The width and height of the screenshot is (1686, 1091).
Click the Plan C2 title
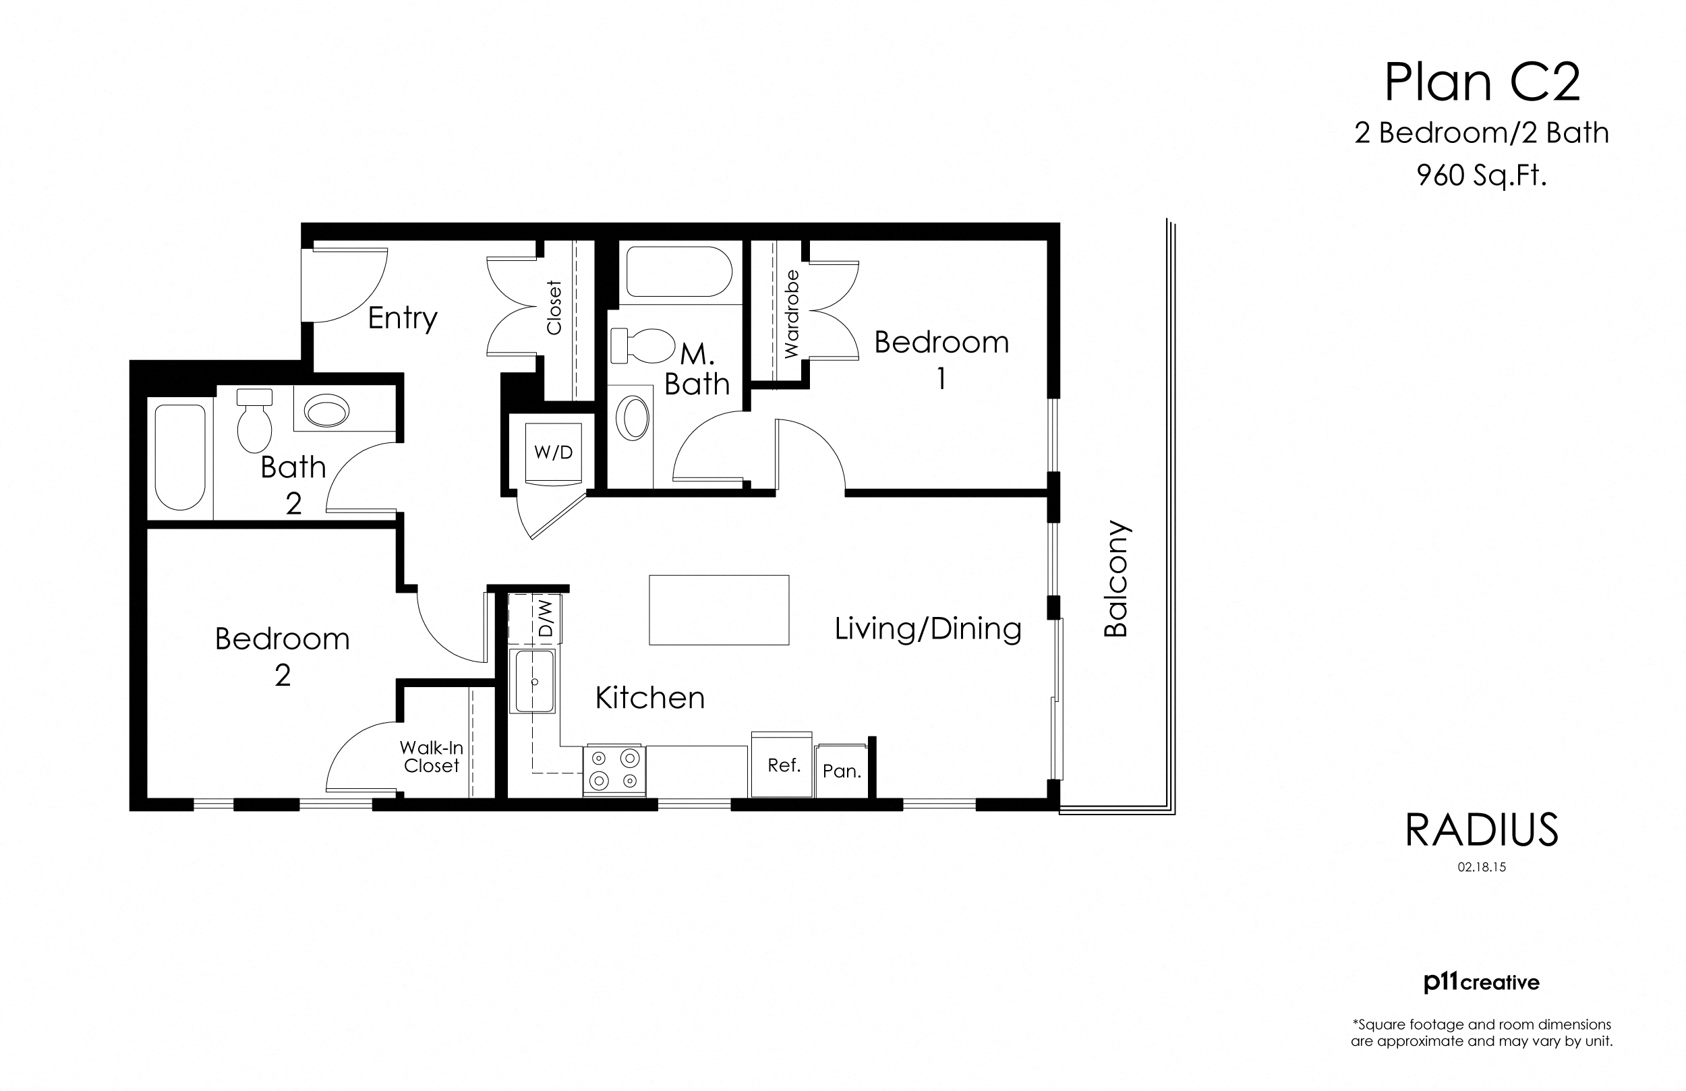pyautogui.click(x=1482, y=83)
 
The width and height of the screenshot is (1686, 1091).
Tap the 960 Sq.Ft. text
pyautogui.click(x=1481, y=175)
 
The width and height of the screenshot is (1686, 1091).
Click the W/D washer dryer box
pyautogui.click(x=553, y=452)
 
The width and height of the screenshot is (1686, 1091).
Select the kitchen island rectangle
pyautogui.click(x=719, y=610)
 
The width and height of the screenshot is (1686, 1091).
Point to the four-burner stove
pyautogui.click(x=614, y=770)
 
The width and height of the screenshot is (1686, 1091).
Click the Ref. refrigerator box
pyautogui.click(x=783, y=766)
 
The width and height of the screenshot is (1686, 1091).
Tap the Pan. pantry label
pyautogui.click(x=842, y=771)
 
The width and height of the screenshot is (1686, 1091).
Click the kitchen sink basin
pyautogui.click(x=534, y=682)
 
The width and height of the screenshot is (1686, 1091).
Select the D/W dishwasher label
pyautogui.click(x=546, y=619)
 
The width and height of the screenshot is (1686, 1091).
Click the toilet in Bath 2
pyautogui.click(x=254, y=421)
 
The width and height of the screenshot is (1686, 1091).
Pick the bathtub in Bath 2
pyautogui.click(x=180, y=458)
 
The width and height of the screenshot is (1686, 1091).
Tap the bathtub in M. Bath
pyautogui.click(x=678, y=271)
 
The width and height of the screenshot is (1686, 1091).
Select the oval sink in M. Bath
pyautogui.click(x=633, y=418)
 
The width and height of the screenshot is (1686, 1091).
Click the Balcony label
pyautogui.click(x=1116, y=579)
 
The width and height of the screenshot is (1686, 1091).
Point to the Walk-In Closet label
pyautogui.click(x=432, y=757)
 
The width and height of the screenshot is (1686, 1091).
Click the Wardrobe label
pyautogui.click(x=791, y=314)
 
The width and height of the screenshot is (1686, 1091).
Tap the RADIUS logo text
pyautogui.click(x=1482, y=830)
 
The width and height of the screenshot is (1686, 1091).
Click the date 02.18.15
pyautogui.click(x=1481, y=867)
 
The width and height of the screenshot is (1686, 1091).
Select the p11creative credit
pyautogui.click(x=1481, y=982)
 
